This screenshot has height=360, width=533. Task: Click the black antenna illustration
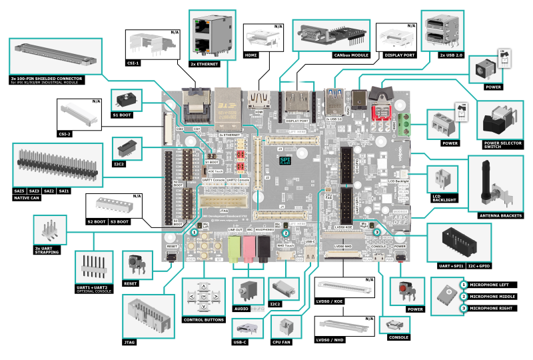(x=484, y=183)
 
